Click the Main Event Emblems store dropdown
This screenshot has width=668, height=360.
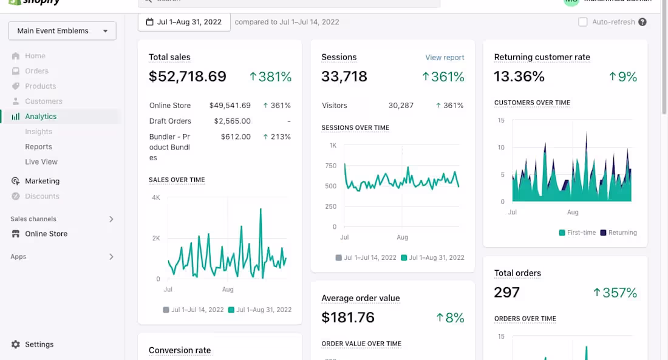point(62,31)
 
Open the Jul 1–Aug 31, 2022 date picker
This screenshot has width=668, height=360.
point(184,22)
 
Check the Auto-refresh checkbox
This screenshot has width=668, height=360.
point(583,22)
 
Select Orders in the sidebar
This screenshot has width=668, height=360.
point(36,71)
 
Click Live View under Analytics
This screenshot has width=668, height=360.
point(41,162)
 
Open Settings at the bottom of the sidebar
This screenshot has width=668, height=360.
point(39,344)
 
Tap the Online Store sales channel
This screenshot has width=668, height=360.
point(46,234)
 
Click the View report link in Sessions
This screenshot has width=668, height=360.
point(445,58)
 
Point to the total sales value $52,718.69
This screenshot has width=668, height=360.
point(188,77)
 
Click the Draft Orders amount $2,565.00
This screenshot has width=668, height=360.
point(232,121)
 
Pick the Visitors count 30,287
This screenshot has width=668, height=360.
point(401,106)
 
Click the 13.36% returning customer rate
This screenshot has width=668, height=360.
point(519,77)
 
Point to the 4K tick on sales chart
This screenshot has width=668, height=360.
point(156,198)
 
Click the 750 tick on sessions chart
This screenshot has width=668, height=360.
point(330,166)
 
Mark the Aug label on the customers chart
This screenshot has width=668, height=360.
point(573,212)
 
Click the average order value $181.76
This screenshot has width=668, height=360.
point(348,318)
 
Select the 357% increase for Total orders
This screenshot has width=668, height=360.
point(615,293)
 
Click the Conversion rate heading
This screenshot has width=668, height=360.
point(180,350)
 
